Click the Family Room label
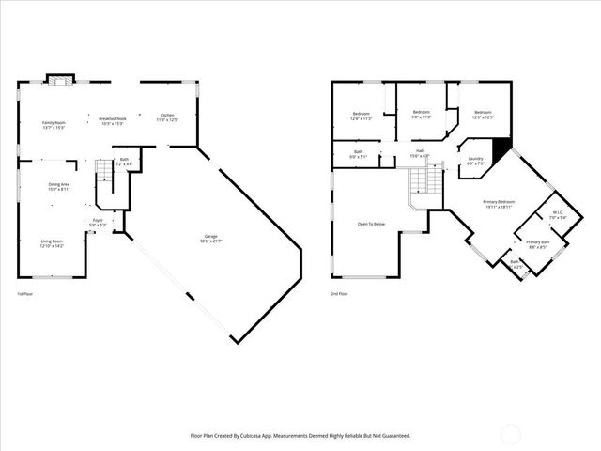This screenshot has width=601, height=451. coord(54,123)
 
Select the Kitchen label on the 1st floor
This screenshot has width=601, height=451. coord(166,117)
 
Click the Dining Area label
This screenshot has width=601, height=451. coord(59,186)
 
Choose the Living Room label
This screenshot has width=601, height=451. coord(52,243)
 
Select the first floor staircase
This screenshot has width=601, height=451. coord(104,175)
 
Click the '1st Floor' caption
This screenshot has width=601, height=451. coord(26,294)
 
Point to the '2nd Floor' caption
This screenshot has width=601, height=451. coord(339,294)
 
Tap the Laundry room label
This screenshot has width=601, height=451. coord(476,160)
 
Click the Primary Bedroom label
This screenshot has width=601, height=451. coord(498,204)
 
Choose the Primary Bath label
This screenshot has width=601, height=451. coord(537,244)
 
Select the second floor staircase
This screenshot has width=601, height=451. coord(425,183)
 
